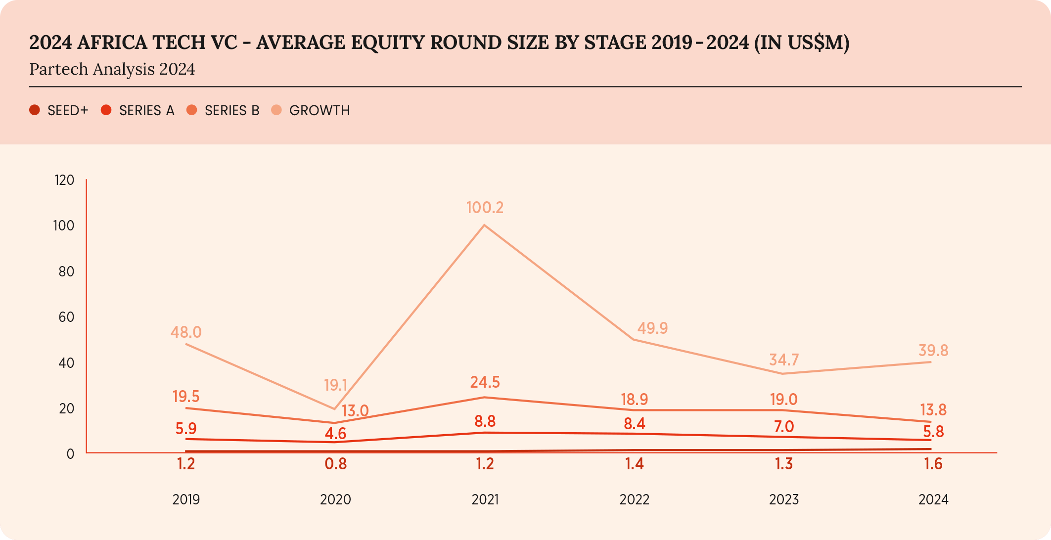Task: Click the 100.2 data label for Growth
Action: [x=485, y=208]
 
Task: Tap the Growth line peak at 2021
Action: [x=484, y=225]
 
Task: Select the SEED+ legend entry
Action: [x=59, y=110]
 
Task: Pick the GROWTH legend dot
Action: [x=276, y=110]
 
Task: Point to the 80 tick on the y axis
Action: [x=66, y=271]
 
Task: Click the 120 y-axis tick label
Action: [x=64, y=180]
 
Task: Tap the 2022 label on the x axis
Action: [x=634, y=499]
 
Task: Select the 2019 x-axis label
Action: [x=186, y=499]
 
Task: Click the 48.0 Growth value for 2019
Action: [x=186, y=332]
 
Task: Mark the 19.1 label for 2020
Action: [x=335, y=385]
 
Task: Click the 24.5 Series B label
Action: [x=485, y=382]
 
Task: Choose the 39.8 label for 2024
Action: [x=933, y=351]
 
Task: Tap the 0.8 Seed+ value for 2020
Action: [x=335, y=464]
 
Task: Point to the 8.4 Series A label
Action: [x=634, y=424]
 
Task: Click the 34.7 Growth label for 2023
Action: [x=784, y=360]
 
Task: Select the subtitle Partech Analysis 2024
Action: [x=112, y=69]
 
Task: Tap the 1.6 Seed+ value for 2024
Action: [x=933, y=464]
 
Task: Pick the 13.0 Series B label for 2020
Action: [x=355, y=410]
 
